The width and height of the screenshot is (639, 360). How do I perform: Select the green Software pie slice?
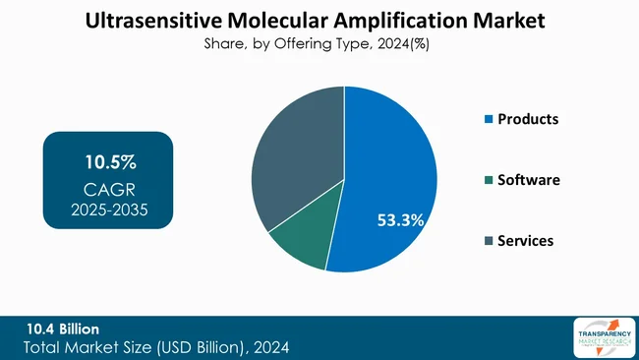click(x=299, y=240)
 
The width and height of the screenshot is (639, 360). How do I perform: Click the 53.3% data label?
click(x=400, y=220)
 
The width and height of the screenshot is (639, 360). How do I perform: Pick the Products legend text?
click(x=528, y=119)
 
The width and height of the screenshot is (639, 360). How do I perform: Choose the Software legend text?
click(x=528, y=180)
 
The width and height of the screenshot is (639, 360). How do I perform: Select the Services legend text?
click(x=525, y=241)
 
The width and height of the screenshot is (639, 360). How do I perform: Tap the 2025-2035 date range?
click(x=109, y=209)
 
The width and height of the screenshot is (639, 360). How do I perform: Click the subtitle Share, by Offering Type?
click(x=285, y=43)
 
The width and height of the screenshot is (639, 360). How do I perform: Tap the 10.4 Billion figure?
click(x=63, y=328)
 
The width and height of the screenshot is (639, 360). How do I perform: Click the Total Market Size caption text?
click(x=157, y=347)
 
